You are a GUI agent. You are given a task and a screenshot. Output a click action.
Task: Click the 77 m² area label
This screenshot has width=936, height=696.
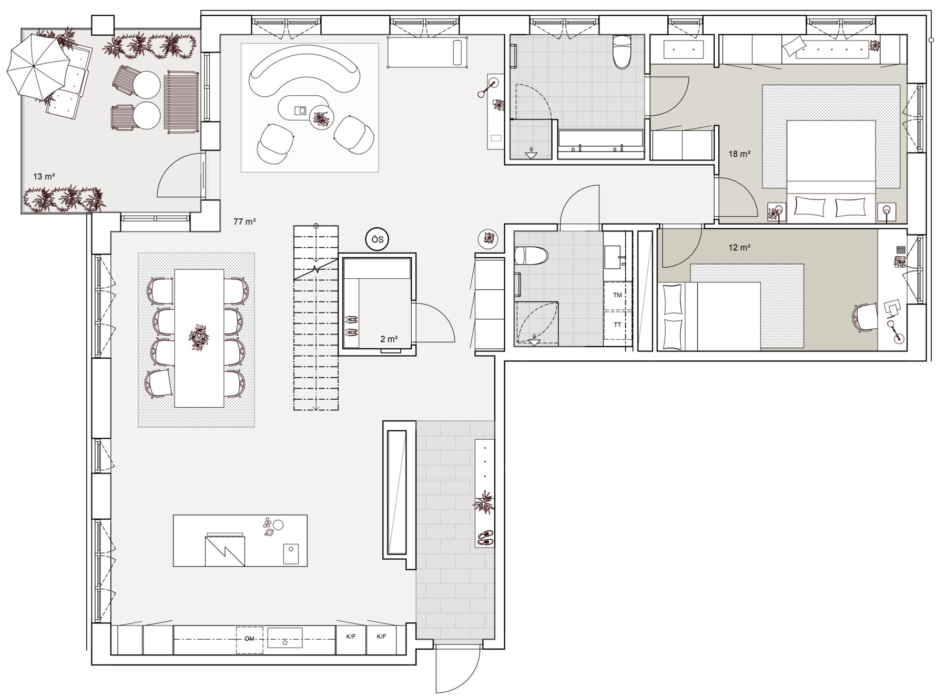(245, 222)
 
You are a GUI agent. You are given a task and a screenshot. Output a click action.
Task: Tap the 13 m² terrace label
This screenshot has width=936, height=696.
(44, 176)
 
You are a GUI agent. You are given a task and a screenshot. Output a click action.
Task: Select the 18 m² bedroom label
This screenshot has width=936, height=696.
(739, 154)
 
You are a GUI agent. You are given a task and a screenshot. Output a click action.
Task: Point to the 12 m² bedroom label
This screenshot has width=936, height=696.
(739, 248)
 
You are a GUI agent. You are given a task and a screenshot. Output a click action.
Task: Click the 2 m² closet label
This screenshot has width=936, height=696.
(389, 339)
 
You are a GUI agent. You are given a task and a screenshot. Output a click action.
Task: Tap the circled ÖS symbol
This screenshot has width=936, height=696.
(377, 240)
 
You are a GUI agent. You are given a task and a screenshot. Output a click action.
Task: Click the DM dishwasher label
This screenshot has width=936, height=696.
(249, 639)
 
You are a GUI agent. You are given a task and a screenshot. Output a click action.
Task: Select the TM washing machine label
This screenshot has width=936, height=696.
(617, 295)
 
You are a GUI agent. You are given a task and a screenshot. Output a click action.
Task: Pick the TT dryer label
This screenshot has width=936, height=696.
(617, 325)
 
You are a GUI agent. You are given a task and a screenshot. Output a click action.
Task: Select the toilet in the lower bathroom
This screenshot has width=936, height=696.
(530, 256)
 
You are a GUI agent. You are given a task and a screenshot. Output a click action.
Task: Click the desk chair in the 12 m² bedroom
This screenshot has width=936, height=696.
(864, 318)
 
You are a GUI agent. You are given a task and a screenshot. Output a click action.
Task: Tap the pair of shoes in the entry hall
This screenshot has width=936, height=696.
(485, 538)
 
